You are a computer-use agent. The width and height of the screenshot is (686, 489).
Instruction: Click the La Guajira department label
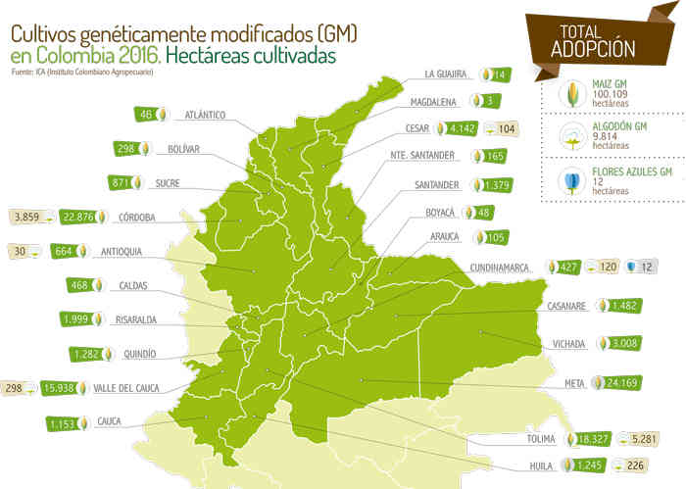point(448,73)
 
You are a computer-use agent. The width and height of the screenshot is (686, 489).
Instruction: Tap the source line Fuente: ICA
point(81,73)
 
